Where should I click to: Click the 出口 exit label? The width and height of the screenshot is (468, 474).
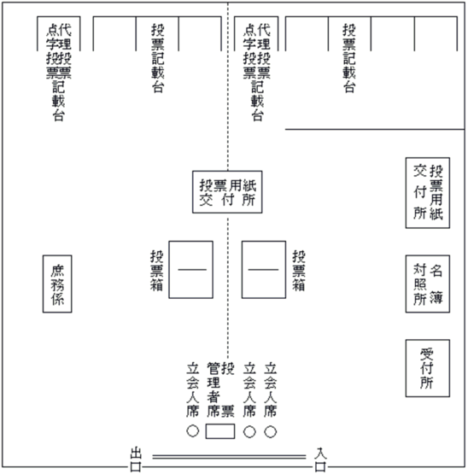click(x=136, y=459)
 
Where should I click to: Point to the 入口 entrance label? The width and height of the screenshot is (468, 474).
click(x=320, y=459)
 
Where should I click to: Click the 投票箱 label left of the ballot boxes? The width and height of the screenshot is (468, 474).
click(x=157, y=270)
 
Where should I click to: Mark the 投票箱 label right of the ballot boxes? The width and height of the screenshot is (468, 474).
click(x=299, y=270)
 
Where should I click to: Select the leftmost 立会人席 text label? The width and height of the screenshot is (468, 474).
click(x=193, y=390)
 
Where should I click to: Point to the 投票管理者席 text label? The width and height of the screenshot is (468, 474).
click(x=220, y=390)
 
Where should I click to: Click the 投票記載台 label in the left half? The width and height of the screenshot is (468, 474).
click(x=158, y=58)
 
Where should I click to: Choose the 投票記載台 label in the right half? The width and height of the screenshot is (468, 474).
click(x=349, y=58)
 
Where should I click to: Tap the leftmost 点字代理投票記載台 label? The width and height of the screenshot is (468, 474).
click(x=59, y=73)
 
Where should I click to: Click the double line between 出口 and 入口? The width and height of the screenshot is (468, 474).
click(x=229, y=457)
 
